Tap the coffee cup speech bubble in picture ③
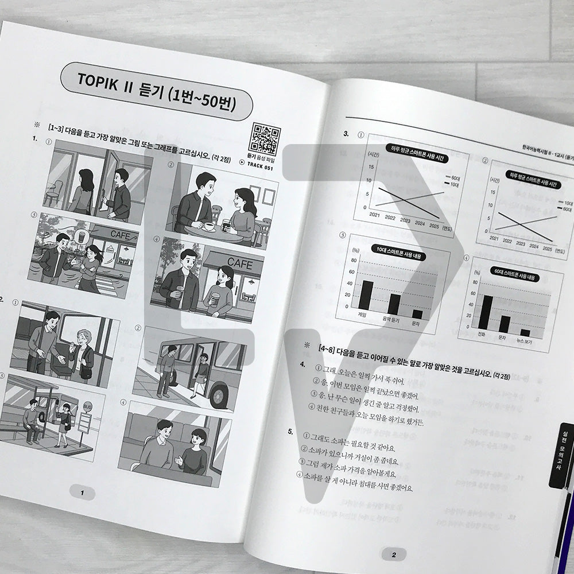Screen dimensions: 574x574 coord(80,236)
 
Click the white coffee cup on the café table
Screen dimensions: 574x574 coord(210,226)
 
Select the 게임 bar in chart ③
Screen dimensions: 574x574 coord(366,295)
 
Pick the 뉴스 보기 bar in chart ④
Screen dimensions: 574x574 coord(525,332)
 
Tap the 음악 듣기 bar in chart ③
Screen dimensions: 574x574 coord(394,304)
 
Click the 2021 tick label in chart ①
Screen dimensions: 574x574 coord(375,214)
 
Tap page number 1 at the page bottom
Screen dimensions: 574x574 coord(82,492)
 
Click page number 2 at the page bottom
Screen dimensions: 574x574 coord(393,554)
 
